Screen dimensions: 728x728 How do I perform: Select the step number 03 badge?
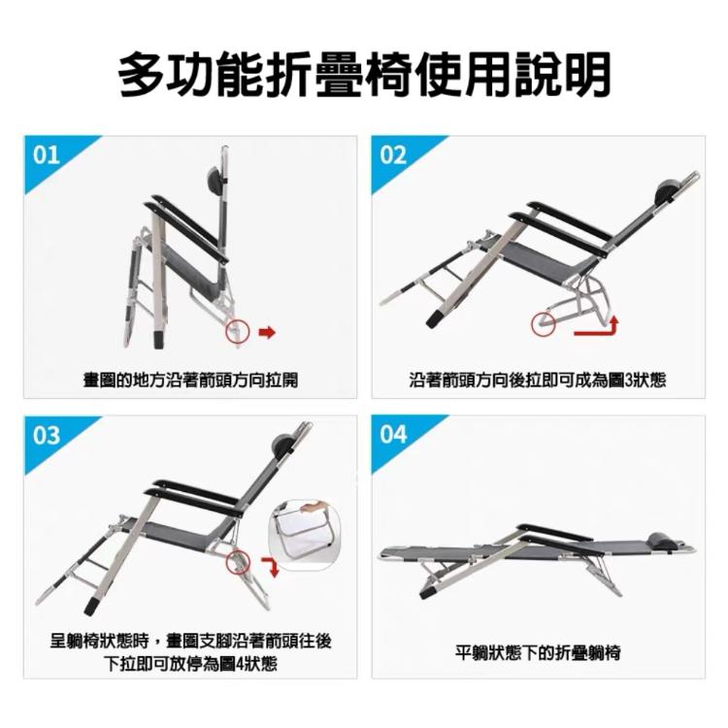47,435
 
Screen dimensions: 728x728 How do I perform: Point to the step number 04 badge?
393,435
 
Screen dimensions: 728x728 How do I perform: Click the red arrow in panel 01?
267,333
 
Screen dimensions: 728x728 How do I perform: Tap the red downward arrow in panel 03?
272,566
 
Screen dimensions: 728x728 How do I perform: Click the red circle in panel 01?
237,332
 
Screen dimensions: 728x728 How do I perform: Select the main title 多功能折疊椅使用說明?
364,74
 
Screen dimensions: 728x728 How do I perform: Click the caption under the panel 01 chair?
189,381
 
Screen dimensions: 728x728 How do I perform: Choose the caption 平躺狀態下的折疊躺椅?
538,652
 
